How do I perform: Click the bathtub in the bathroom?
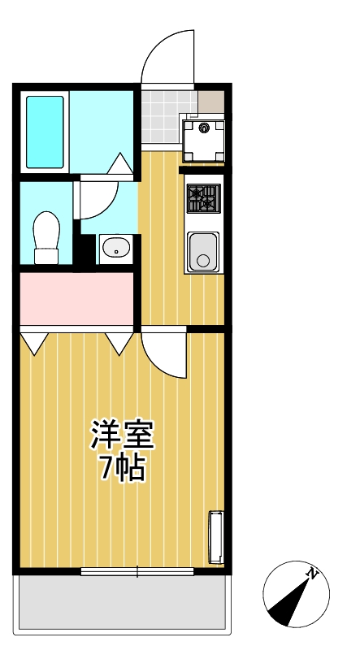pyautogui.click(x=45, y=132)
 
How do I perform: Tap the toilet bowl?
pyautogui.click(x=46, y=236)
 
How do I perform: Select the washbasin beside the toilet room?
pyautogui.click(x=116, y=248)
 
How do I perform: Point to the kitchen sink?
pyautogui.click(x=203, y=251)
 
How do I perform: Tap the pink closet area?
pyautogui.click(x=76, y=298)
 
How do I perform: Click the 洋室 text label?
pyautogui.click(x=122, y=435)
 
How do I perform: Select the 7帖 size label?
pyautogui.click(x=122, y=469)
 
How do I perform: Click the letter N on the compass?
pyautogui.click(x=313, y=574)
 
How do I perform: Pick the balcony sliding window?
pyautogui.click(x=137, y=571)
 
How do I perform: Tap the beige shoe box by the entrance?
pyautogui.click(x=210, y=102)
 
